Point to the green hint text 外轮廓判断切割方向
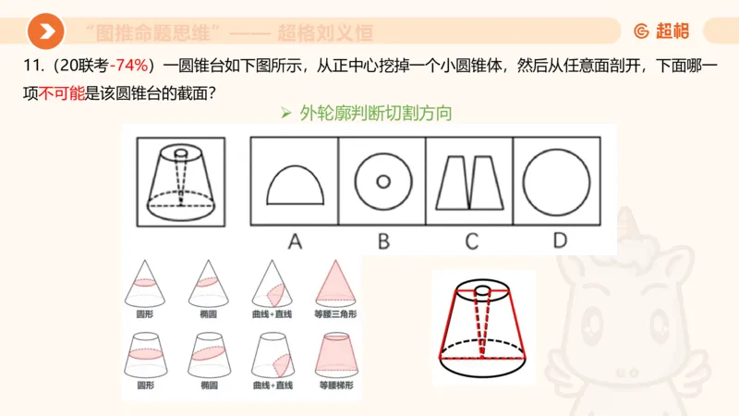[x=374, y=114]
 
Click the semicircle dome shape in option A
[x=295, y=185]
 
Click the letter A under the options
[x=295, y=241]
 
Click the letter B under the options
[x=382, y=241]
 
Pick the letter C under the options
[x=470, y=241]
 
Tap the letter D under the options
[x=559, y=241]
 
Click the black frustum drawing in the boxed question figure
[x=180, y=180]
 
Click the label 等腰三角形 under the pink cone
[x=335, y=314]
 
